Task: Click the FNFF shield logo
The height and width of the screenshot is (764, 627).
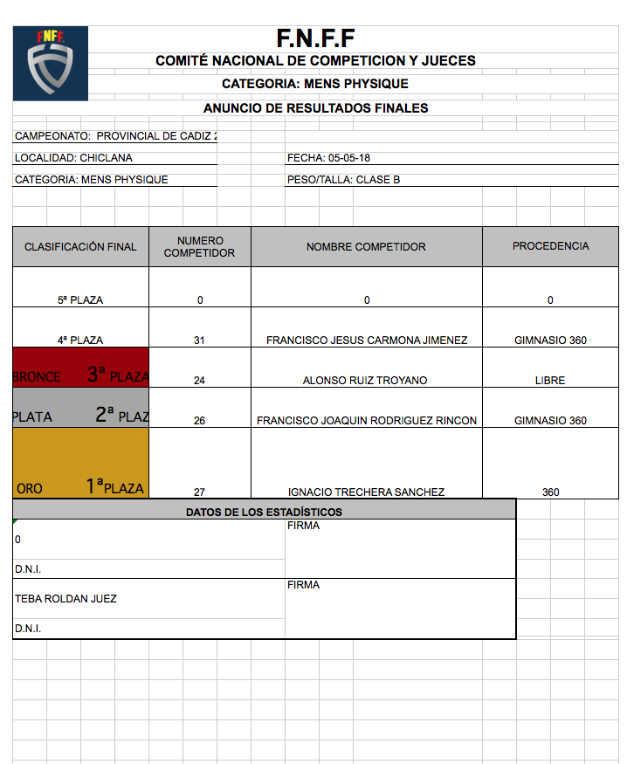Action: click(50, 63)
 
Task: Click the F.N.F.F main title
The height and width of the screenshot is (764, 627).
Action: click(315, 38)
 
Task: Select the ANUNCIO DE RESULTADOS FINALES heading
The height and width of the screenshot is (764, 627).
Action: click(315, 108)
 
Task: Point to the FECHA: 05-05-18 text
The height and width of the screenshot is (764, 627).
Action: click(327, 158)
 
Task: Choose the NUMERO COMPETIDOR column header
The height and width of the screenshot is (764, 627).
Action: click(199, 247)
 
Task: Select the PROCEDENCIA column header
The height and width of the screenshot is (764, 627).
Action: click(550, 246)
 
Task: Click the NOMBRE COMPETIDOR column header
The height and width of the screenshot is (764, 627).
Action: click(366, 247)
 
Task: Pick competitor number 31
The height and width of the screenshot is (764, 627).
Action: click(199, 341)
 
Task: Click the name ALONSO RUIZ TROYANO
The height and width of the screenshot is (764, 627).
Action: click(366, 381)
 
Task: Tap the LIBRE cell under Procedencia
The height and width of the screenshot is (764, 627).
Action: click(550, 381)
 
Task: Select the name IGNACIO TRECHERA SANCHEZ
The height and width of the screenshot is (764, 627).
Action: click(366, 492)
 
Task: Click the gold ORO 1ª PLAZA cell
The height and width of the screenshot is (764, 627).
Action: click(80, 463)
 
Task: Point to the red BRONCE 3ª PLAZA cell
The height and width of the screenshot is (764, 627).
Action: click(80, 368)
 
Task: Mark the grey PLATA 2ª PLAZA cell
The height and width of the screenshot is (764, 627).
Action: click(80, 408)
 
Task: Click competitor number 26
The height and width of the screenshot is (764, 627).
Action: click(199, 421)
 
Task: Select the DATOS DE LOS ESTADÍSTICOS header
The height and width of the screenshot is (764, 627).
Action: click(264, 513)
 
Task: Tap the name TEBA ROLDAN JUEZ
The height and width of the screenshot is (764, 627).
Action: click(65, 599)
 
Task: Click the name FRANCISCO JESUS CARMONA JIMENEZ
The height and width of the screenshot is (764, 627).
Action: click(366, 341)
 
